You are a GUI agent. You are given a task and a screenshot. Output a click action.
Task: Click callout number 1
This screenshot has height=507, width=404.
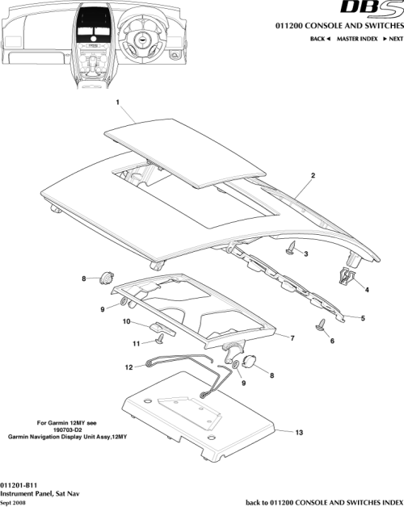click(x=118, y=103)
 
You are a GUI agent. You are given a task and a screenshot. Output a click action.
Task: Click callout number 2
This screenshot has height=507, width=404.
click(x=313, y=175)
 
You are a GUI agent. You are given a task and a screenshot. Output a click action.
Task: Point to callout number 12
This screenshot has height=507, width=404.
click(x=128, y=367)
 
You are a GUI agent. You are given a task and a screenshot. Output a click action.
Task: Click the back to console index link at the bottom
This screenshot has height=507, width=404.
click(x=323, y=501)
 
